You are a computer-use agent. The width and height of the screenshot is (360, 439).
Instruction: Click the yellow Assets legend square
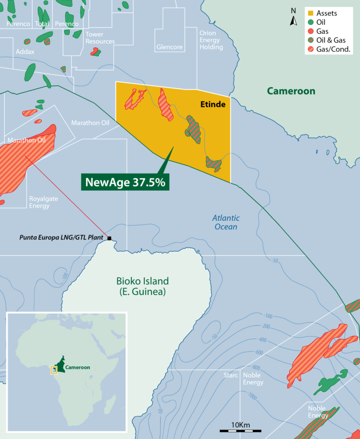(310, 13)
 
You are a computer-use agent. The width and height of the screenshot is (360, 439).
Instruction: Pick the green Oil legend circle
(310, 22)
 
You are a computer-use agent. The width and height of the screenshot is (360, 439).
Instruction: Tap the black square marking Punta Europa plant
(110, 238)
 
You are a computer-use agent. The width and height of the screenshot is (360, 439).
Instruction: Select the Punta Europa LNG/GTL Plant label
(61, 238)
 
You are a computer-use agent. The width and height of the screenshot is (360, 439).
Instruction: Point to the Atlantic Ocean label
(225, 222)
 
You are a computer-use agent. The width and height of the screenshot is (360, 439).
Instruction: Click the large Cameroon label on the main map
(291, 91)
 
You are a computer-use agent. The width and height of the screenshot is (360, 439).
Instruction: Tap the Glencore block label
(169, 47)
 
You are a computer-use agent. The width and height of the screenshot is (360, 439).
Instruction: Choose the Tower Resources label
(100, 38)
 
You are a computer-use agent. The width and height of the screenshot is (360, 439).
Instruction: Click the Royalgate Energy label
(44, 202)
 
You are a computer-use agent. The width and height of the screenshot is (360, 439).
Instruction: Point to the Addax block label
(25, 52)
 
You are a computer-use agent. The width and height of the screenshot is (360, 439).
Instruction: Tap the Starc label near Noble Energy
(232, 375)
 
